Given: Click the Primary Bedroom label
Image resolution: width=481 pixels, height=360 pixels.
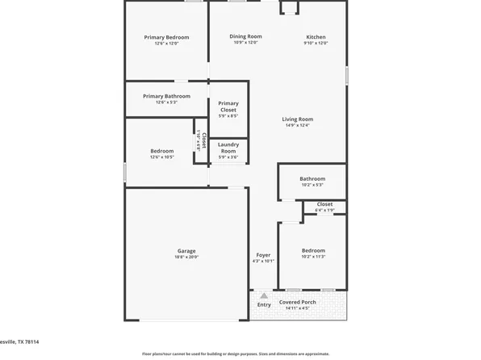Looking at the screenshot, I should tap(166, 37).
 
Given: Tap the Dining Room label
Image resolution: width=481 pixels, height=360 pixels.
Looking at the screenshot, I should tap(245, 36).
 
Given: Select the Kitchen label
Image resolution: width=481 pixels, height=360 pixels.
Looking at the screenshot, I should tap(316, 36).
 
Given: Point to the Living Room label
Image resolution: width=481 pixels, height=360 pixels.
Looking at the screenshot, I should tap(297, 119).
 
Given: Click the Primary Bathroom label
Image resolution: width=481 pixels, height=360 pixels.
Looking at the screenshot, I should tap(166, 96).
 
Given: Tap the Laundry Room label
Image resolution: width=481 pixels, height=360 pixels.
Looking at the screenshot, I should tap(228, 148).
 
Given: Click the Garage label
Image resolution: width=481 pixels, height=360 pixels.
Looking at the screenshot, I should tap(186, 250).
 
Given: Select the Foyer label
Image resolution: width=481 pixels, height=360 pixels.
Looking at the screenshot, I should tap(263, 254).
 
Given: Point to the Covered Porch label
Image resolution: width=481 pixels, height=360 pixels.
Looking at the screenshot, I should tap(298, 302).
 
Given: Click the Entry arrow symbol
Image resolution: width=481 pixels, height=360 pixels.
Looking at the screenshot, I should tap(263, 295).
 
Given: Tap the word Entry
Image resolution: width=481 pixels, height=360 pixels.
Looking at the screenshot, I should tap(264, 305).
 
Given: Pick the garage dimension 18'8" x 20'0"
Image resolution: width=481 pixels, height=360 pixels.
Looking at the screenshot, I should tap(186, 257).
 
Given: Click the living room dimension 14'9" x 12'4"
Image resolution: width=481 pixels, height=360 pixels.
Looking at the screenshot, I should tap(297, 125).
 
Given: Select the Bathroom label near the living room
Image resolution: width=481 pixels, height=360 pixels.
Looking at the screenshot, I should tap(312, 178).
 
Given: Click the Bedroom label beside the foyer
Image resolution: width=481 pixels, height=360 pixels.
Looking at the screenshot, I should tap(313, 250).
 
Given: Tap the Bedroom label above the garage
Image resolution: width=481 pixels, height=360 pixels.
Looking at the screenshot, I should tap(161, 151).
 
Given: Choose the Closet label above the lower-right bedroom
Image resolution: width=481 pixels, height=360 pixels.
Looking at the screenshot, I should tap(324, 204).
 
